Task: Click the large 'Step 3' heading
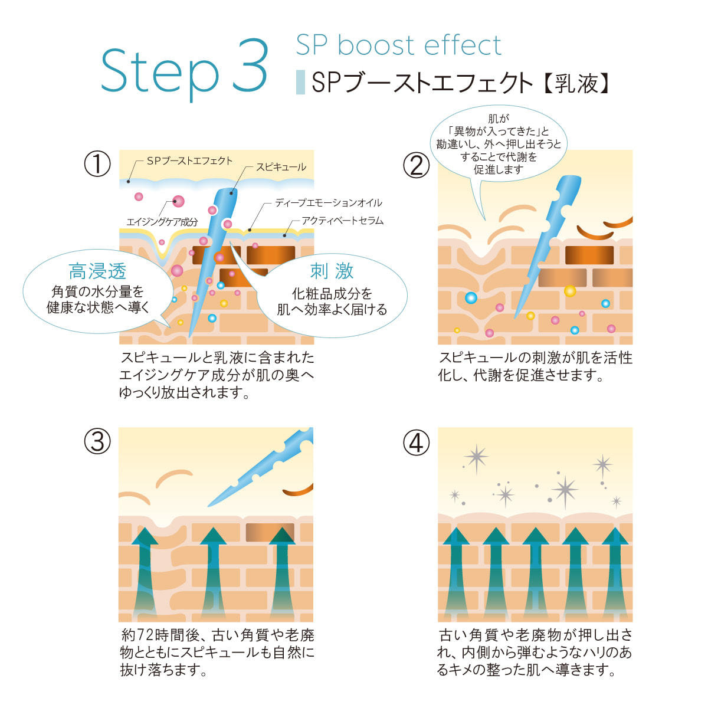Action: tap(184, 70)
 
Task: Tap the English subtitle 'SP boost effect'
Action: tap(398, 45)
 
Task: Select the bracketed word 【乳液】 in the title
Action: tap(575, 83)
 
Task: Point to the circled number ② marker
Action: tap(417, 165)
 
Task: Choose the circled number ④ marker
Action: tap(417, 442)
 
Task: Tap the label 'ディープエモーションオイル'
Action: tap(329, 202)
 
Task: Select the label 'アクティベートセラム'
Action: tap(342, 221)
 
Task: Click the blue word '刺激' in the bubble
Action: tap(332, 271)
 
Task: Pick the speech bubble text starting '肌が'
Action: tap(499, 145)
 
